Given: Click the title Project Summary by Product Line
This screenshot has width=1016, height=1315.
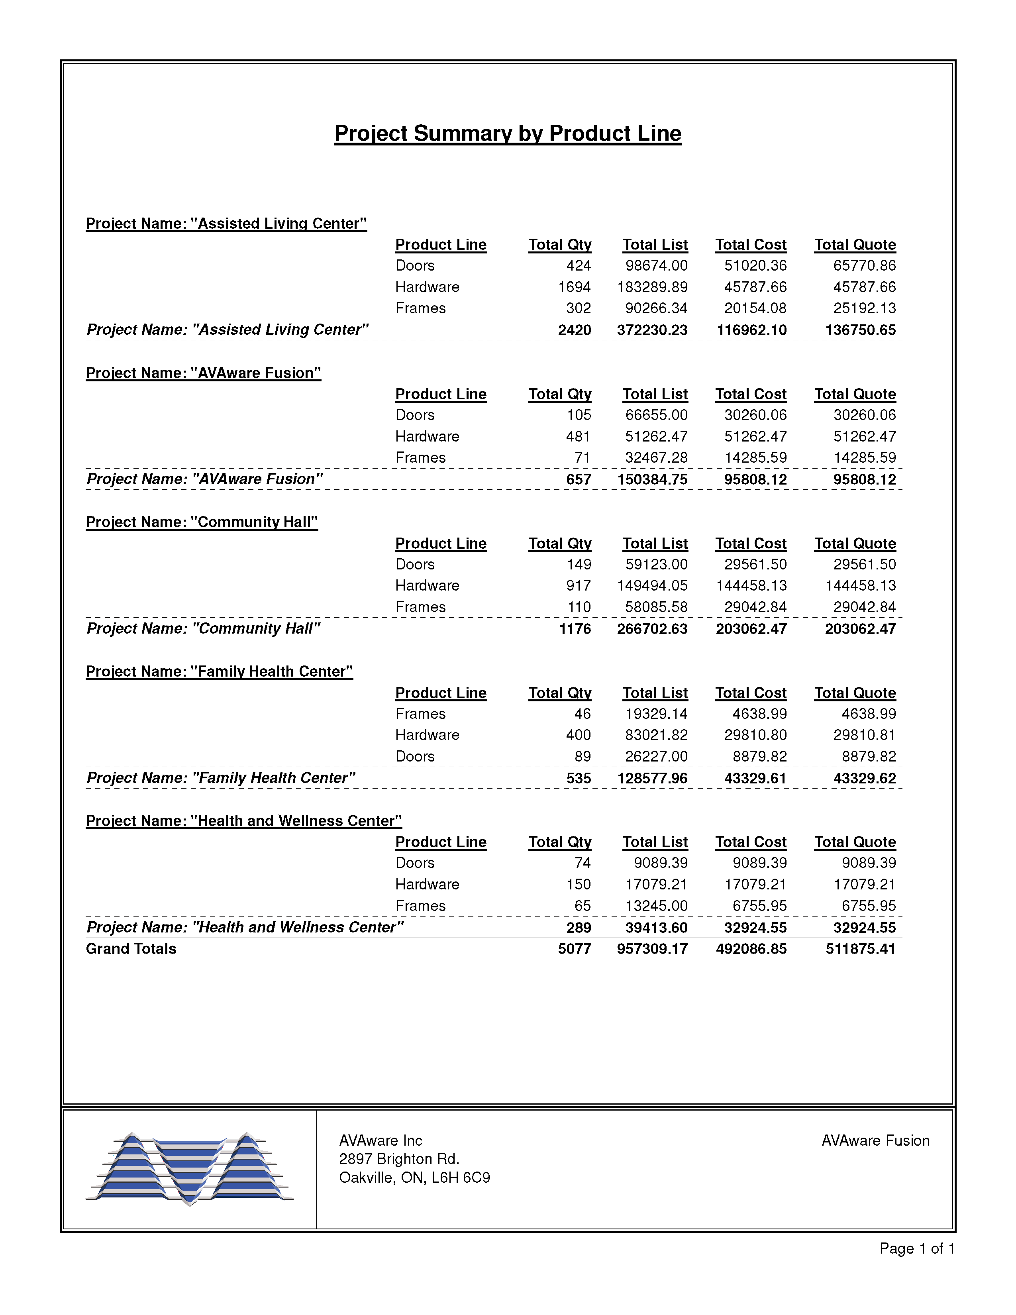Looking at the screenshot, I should click(x=507, y=133).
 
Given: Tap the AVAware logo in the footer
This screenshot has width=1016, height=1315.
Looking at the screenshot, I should click(x=190, y=1169).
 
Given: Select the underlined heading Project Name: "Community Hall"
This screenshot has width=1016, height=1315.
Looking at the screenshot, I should click(x=202, y=522).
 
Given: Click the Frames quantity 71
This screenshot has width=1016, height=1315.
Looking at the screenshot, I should click(x=582, y=457).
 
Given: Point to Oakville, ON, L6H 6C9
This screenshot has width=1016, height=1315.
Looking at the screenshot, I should click(x=414, y=1177).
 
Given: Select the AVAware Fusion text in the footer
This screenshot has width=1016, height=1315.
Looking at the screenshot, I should click(x=875, y=1140).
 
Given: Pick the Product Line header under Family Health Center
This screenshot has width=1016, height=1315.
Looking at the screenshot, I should click(x=441, y=693).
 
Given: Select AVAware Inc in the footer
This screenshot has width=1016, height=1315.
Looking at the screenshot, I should click(x=381, y=1140).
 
